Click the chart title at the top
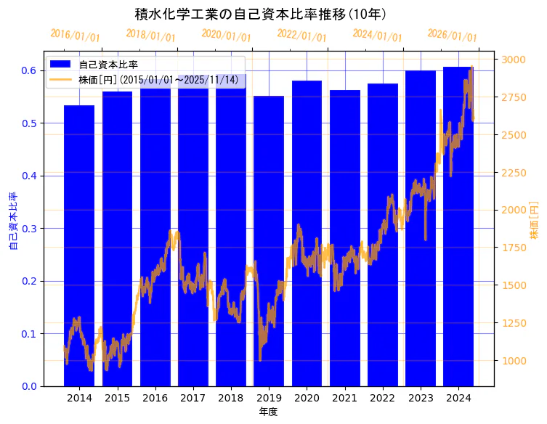[261, 14]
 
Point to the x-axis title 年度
[268, 412]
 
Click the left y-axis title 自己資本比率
[13, 221]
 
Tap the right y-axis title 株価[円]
[534, 221]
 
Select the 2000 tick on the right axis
[514, 210]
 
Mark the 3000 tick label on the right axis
[514, 60]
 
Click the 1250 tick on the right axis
[514, 323]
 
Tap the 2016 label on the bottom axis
[155, 398]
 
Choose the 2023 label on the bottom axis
[420, 398]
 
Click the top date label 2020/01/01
[226, 36]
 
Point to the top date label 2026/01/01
[452, 36]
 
